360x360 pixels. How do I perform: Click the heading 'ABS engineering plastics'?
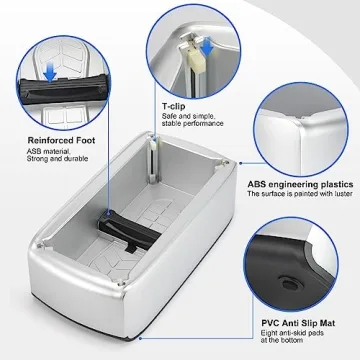[x=299, y=186]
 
